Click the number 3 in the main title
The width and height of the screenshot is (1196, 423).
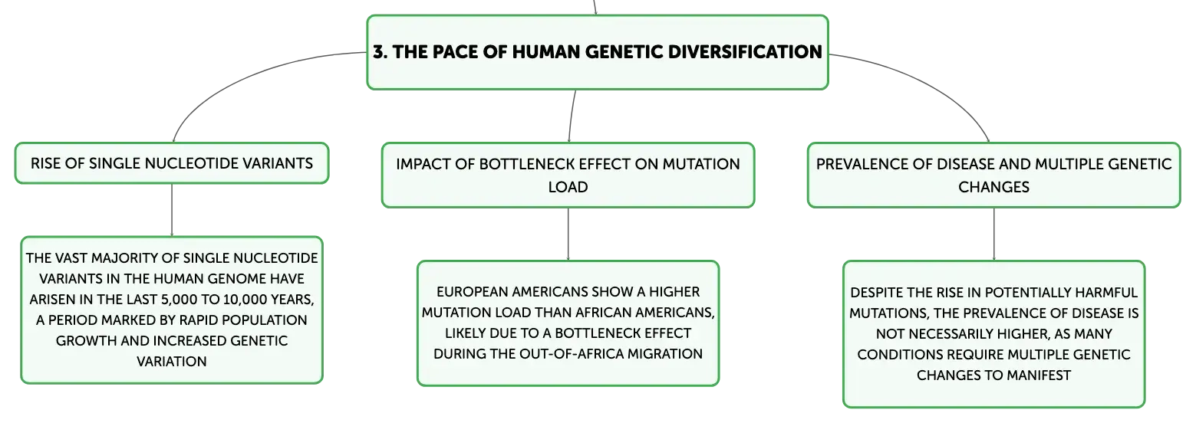point(378,52)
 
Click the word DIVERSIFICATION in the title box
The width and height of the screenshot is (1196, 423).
point(745,52)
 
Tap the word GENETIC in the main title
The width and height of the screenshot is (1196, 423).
point(624,52)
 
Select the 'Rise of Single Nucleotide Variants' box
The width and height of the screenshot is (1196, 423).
point(171,163)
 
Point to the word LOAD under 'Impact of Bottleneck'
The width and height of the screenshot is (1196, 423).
point(568,187)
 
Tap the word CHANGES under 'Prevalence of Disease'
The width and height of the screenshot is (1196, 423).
point(993,187)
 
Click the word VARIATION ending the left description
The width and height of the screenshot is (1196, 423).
point(171,362)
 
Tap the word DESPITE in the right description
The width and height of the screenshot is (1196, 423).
point(876,293)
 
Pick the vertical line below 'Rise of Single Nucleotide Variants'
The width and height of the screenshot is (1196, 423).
point(171,210)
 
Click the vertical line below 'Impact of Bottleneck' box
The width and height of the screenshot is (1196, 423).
point(568,234)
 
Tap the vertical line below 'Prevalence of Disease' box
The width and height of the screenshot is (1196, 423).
point(993,234)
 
